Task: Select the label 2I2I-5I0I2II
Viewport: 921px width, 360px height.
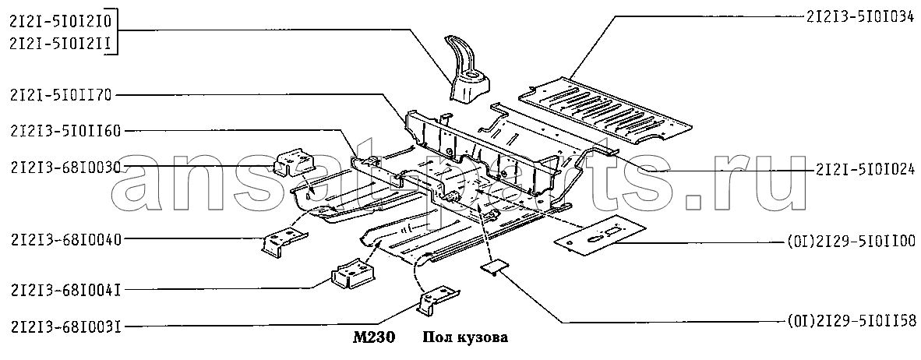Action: (61, 45)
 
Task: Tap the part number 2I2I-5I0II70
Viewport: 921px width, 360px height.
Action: (61, 96)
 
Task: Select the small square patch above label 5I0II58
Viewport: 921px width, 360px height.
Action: (492, 268)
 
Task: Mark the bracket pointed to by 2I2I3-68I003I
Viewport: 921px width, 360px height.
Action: (437, 299)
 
